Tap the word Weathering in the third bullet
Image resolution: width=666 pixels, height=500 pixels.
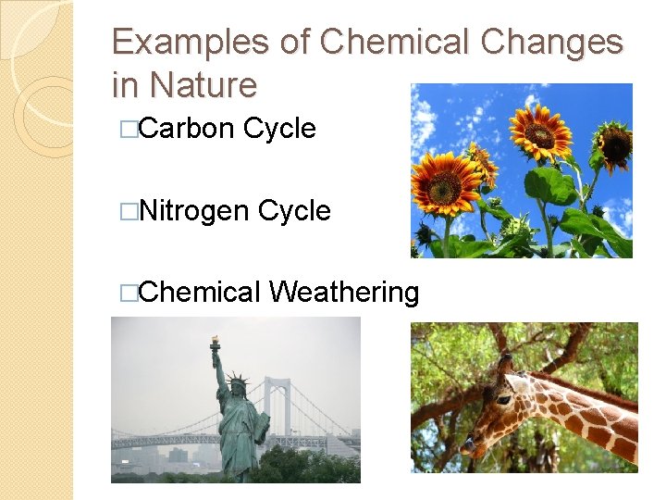(x=344, y=293)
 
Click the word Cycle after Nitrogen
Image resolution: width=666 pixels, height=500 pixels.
(x=294, y=211)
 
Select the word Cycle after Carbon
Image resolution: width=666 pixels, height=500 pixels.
(x=279, y=129)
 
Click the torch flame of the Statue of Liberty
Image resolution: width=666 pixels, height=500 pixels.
(x=215, y=341)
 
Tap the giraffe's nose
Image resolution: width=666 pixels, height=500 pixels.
(x=469, y=447)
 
